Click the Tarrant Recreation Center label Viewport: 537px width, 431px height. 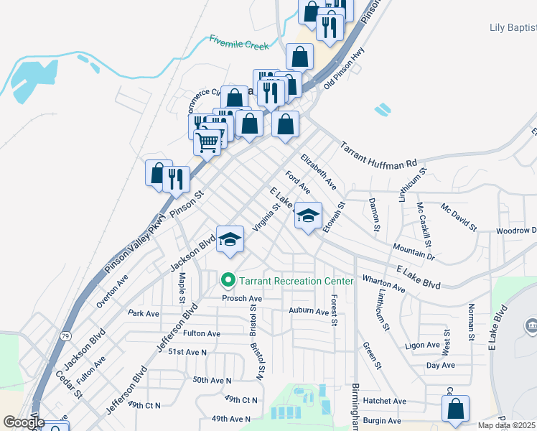[296, 280]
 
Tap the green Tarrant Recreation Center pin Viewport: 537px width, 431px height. [229, 280]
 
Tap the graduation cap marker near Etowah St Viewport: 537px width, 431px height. [308, 216]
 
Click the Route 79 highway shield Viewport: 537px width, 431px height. [66, 336]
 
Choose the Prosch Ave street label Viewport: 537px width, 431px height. [242, 298]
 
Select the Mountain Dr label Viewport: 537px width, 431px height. [414, 251]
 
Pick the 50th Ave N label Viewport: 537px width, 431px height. [212, 379]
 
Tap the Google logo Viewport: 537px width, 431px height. [24, 422]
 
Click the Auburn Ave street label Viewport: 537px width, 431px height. [308, 310]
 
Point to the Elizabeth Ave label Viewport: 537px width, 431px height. [319, 171]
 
